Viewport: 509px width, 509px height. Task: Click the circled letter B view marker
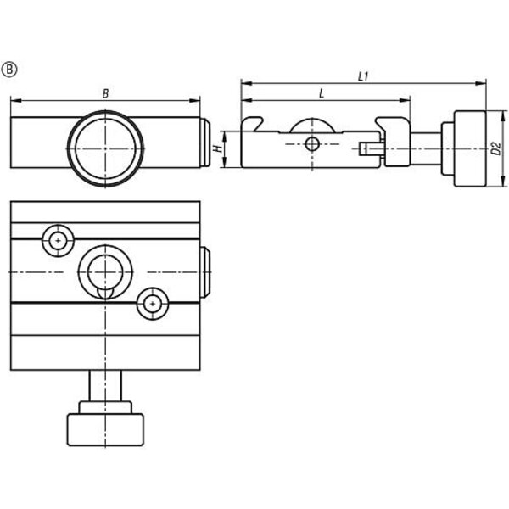tap(9, 70)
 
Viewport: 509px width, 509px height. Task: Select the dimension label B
tap(105, 94)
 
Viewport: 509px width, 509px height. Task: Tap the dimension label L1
tap(363, 76)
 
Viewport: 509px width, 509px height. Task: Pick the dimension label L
tap(322, 94)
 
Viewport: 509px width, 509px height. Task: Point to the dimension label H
tap(219, 148)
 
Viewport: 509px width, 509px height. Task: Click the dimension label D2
tap(495, 148)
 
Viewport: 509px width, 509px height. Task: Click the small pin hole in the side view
tap(312, 144)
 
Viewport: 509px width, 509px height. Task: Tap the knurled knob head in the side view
tap(470, 148)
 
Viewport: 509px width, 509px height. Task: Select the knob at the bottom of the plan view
tap(105, 429)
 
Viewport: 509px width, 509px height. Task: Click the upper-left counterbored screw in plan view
tap(58, 241)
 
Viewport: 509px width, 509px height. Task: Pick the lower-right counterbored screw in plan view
tap(153, 304)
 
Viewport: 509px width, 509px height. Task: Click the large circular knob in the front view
tap(105, 148)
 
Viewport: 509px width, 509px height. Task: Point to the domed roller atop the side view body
tap(312, 126)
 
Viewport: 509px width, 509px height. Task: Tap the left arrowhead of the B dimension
tap(15, 101)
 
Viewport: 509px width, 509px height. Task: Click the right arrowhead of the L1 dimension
tap(481, 83)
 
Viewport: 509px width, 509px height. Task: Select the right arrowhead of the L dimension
tap(406, 101)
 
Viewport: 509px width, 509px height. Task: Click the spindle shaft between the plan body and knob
tap(105, 386)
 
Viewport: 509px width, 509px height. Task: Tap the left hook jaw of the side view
tap(252, 124)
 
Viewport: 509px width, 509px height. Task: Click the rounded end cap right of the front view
tap(204, 143)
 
